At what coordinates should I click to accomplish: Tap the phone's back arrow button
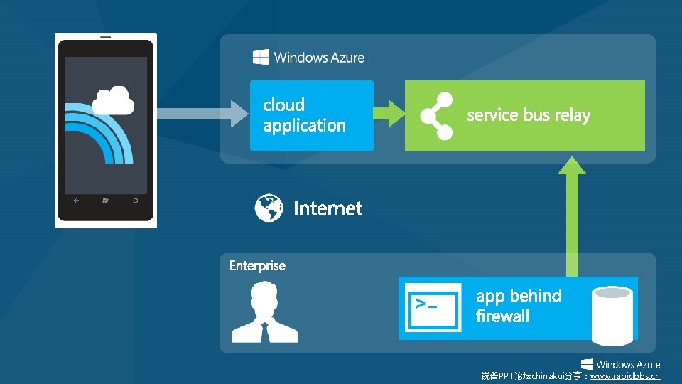click(76, 201)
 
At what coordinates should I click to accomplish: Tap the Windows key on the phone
click(105, 201)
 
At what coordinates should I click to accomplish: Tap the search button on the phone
click(134, 201)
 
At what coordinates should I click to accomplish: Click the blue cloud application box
click(311, 115)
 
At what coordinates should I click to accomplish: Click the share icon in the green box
click(436, 115)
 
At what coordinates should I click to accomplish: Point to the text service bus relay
click(529, 115)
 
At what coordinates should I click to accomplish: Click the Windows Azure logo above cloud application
click(308, 58)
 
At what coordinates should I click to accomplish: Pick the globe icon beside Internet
click(269, 208)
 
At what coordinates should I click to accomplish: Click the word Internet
click(328, 208)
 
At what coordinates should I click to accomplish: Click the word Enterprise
click(257, 266)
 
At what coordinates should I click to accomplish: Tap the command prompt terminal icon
click(431, 307)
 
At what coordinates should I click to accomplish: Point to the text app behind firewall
click(518, 306)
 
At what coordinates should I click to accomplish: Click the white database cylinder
click(613, 312)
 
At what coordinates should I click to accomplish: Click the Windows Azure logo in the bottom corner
click(620, 364)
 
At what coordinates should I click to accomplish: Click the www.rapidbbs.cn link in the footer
click(624, 375)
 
